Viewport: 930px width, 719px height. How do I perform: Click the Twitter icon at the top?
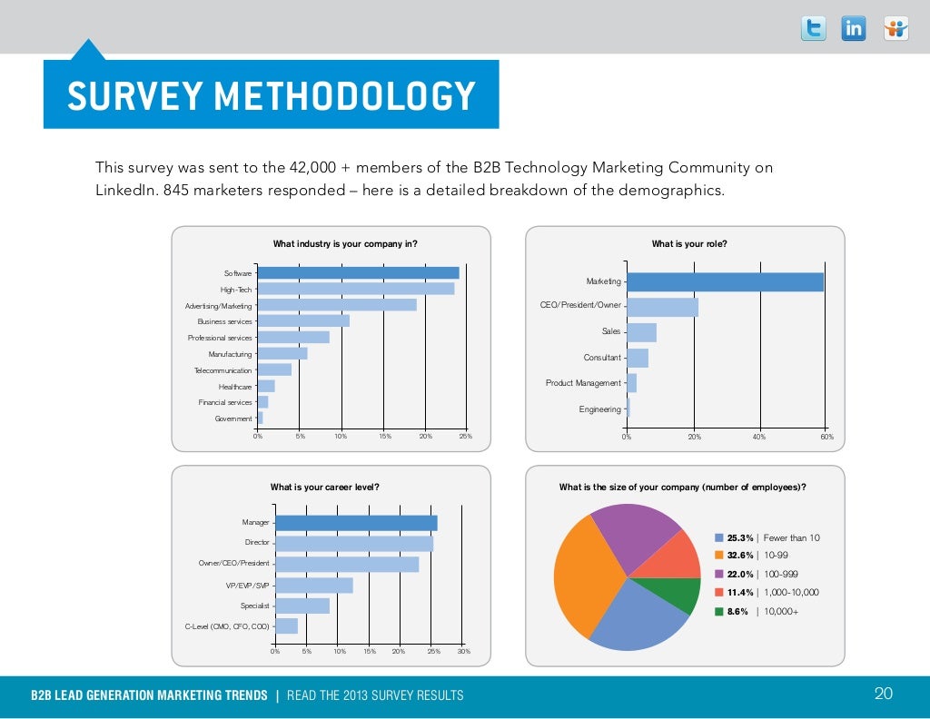coord(814,29)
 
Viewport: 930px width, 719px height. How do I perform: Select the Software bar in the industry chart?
coord(359,272)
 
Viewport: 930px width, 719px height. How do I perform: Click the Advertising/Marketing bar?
coord(337,305)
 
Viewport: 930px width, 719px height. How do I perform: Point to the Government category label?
coord(233,419)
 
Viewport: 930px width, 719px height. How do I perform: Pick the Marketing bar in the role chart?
coord(725,282)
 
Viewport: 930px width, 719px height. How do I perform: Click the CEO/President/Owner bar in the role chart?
coord(662,307)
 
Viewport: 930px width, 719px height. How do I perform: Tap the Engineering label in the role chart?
coord(600,409)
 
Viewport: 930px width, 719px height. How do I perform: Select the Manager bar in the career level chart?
coord(356,523)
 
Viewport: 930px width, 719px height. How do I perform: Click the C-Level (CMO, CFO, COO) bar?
coord(286,625)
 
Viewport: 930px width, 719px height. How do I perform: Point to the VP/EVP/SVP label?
coord(248,586)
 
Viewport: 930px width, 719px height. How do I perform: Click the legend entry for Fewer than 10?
coord(767,538)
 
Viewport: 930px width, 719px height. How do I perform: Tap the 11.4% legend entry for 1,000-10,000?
coord(767,592)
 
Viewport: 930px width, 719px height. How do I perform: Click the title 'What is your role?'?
coord(689,243)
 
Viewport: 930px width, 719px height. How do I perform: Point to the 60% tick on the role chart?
coord(826,438)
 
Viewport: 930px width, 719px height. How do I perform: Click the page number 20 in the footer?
coord(883,694)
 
